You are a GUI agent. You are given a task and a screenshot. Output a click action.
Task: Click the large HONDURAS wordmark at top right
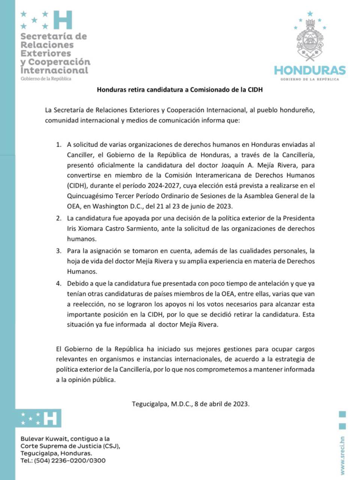coord(310,70)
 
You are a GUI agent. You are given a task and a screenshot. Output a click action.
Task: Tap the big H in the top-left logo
coord(63,20)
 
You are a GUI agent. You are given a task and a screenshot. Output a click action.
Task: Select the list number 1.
coord(58,144)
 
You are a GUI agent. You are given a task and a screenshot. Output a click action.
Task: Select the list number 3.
coord(58,250)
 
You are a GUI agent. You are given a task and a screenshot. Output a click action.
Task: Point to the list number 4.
coord(58,283)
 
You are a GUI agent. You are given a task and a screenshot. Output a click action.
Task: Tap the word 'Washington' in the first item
coord(110,206)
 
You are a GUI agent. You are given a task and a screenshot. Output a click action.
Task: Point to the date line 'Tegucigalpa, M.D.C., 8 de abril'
coord(190,404)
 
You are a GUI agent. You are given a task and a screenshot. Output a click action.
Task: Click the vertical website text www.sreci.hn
coord(342,455)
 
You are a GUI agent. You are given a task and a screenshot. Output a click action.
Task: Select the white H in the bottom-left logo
coord(50,418)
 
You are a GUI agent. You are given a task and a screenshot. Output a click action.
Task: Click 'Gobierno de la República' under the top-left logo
coord(46,79)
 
